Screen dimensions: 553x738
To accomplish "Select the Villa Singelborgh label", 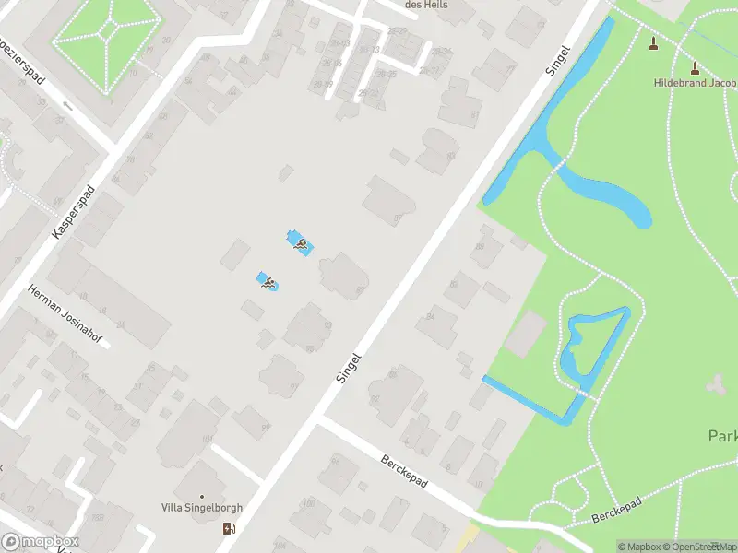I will [x=203, y=507].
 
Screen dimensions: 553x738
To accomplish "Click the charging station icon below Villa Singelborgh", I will [x=229, y=528].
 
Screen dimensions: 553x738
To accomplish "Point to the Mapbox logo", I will [x=41, y=542].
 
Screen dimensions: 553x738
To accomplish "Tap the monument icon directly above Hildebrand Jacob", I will [x=695, y=67].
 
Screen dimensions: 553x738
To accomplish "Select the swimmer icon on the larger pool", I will [x=300, y=243].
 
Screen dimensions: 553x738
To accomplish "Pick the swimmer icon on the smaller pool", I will [x=268, y=283].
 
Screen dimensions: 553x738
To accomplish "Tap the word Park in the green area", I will [x=721, y=435].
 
